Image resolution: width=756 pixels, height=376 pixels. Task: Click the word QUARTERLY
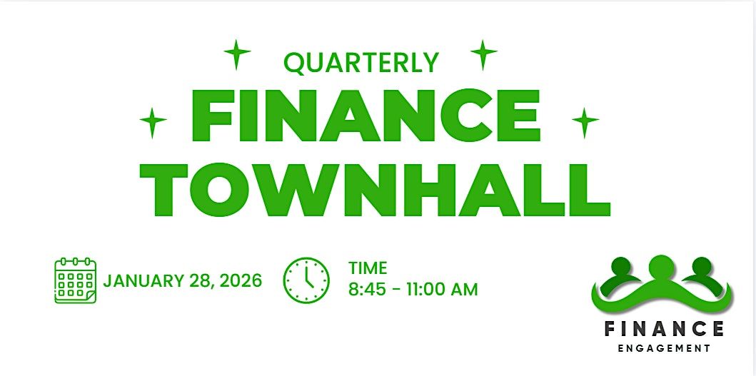[361, 63]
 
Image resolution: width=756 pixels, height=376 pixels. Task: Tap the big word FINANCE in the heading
[365, 116]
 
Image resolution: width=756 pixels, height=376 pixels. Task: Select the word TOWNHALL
[375, 190]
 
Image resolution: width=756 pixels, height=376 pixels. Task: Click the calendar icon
[75, 280]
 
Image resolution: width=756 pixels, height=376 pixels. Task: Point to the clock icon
[306, 280]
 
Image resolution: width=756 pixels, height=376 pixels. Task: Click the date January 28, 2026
[183, 280]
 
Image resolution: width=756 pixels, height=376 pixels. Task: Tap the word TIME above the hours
[368, 268]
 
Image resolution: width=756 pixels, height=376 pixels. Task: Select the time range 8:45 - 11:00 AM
[413, 290]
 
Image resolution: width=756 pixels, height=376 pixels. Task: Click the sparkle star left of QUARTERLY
[237, 54]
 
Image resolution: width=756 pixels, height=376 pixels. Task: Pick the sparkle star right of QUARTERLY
[483, 54]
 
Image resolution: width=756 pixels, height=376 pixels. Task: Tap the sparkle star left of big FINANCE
[153, 123]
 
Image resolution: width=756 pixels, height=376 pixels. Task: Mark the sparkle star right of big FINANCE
[585, 123]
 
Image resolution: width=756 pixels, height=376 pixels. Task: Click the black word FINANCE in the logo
[665, 329]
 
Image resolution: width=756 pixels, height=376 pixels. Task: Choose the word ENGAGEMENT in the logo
[665, 348]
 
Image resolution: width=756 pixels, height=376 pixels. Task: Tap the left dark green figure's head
[621, 267]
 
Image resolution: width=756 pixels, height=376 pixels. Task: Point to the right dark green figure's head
[702, 267]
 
